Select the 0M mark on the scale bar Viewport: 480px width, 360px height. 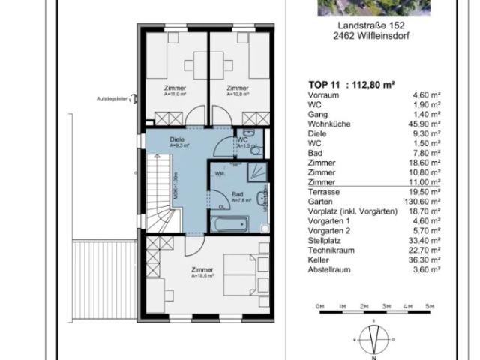(319, 306)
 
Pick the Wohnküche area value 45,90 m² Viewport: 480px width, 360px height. (424, 124)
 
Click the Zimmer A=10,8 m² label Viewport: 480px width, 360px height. (237, 91)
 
